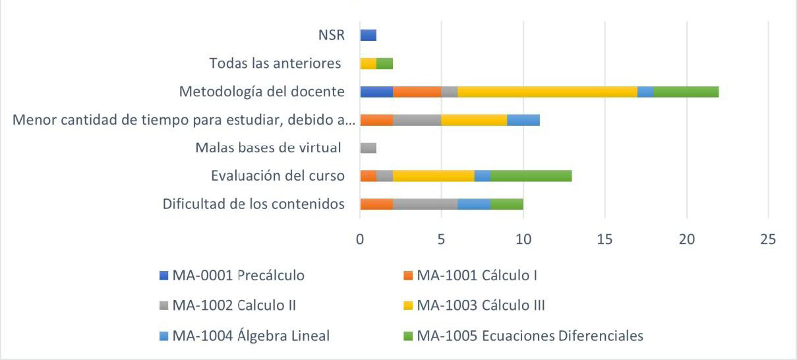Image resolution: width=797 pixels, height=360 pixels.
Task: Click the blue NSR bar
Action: pyautogui.click(x=368, y=35)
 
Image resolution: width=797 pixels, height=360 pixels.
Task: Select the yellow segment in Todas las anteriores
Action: pyautogui.click(x=368, y=63)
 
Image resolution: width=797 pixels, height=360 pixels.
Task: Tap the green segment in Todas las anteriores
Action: pyautogui.click(x=384, y=63)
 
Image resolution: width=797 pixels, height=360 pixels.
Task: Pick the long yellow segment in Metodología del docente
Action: pyautogui.click(x=547, y=92)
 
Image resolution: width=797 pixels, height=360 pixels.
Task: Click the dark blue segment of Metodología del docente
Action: pyautogui.click(x=376, y=92)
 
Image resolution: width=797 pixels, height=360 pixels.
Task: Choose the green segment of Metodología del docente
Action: pyautogui.click(x=686, y=92)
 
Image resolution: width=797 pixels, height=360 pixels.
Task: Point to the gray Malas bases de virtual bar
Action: pyautogui.click(x=368, y=148)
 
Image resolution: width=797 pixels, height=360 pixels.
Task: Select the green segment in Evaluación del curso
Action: pyautogui.click(x=531, y=176)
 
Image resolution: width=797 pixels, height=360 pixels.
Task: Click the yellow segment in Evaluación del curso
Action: pyautogui.click(x=433, y=176)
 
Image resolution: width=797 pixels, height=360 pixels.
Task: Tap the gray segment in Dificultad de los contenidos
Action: pyautogui.click(x=425, y=204)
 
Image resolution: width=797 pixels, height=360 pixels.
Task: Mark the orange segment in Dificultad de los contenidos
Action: pyautogui.click(x=376, y=204)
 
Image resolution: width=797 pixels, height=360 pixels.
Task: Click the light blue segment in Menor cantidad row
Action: pyautogui.click(x=523, y=120)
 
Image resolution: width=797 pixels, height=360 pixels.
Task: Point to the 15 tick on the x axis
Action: pyautogui.click(x=605, y=239)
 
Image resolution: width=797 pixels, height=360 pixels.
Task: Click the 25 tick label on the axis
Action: pyautogui.click(x=768, y=239)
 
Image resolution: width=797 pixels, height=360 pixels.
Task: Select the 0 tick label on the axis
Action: pyautogui.click(x=360, y=239)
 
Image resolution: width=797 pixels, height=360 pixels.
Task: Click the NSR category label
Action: pyautogui.click(x=331, y=35)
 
